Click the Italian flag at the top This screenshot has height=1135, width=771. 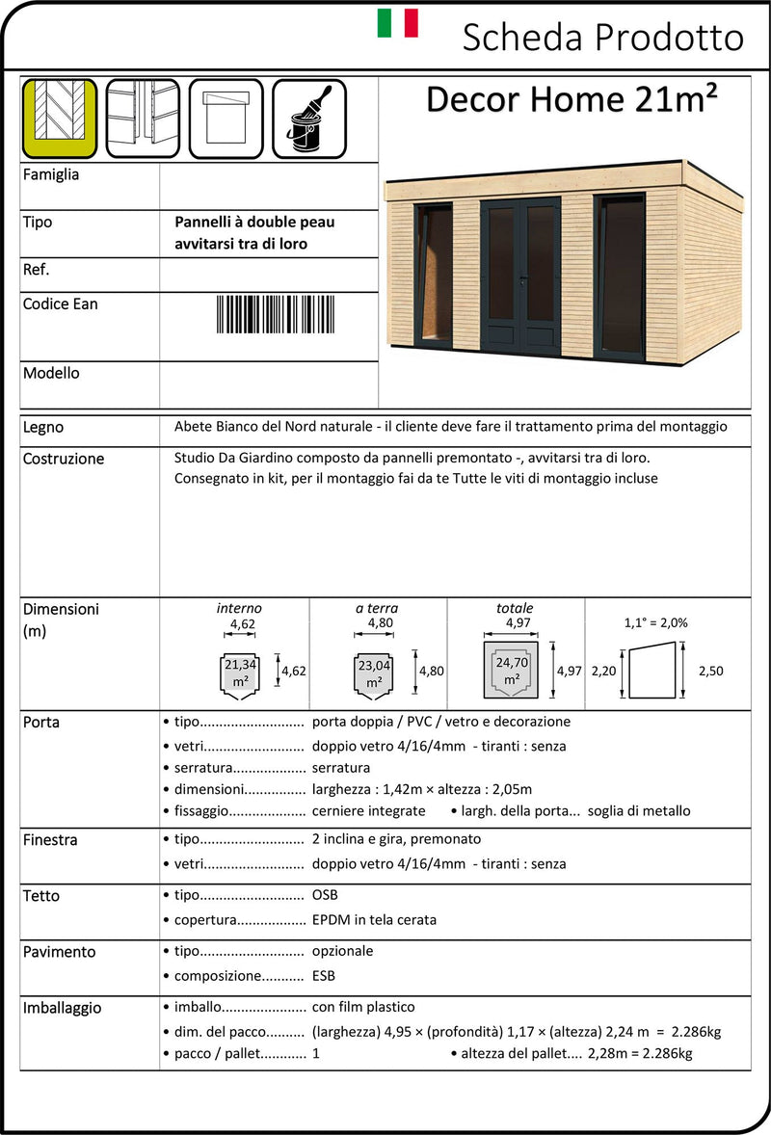point(397,23)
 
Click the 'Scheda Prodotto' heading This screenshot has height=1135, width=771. point(602,38)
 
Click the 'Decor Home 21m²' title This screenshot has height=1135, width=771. point(572,99)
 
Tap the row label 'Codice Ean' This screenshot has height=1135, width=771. point(60,304)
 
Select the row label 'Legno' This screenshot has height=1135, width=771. point(43,427)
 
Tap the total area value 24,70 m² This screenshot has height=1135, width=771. point(512,671)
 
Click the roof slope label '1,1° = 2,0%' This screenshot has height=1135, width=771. point(656,622)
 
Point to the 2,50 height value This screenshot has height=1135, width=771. point(709,671)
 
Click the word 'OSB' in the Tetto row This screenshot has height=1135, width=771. point(325,895)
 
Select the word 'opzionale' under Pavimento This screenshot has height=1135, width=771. point(342,951)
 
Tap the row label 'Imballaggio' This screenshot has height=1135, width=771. point(62,1008)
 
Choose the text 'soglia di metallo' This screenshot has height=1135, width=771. point(639,811)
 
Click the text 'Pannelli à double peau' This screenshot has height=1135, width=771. point(254,223)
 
